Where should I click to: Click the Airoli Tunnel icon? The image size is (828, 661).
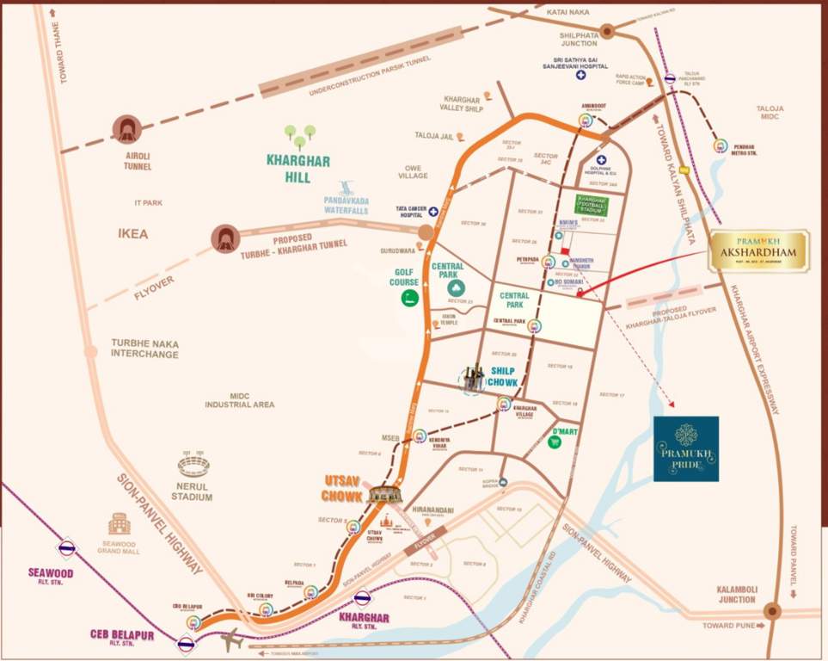(128, 130)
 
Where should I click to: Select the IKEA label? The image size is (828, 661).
(133, 233)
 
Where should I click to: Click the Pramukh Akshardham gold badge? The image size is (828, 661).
(758, 250)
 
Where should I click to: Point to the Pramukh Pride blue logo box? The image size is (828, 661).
(685, 448)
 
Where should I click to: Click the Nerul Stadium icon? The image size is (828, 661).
(193, 466)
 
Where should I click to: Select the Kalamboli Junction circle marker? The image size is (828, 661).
(771, 611)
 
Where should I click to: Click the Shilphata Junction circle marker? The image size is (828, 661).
(606, 31)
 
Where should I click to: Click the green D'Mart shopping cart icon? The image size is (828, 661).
(555, 442)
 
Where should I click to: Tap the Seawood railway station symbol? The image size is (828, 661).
(65, 548)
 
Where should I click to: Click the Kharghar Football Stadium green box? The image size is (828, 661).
(592, 205)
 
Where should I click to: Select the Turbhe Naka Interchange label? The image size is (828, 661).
(144, 349)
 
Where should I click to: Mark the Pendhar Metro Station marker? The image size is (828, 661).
(721, 145)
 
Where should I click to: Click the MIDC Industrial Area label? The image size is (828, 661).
(239, 398)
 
